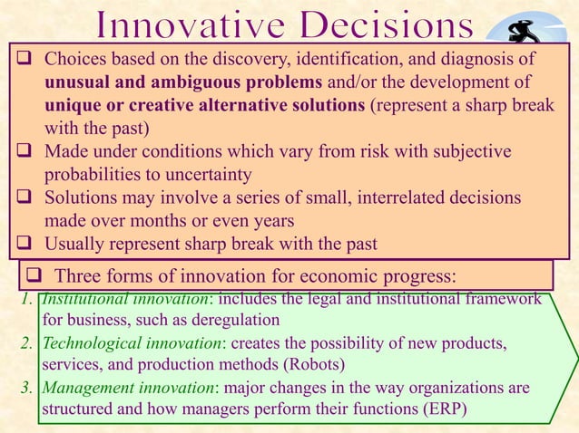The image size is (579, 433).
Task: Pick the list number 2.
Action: [25, 344]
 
